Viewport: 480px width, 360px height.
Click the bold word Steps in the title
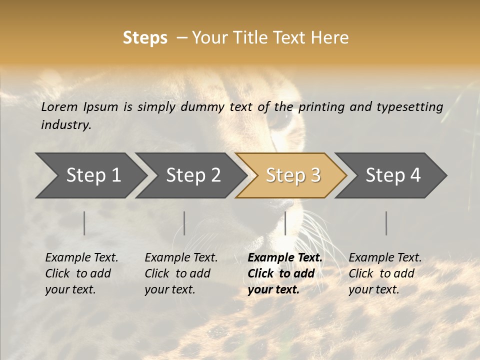click(x=145, y=38)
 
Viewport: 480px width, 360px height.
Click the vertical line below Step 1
click(x=84, y=223)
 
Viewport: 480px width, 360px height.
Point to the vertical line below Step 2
click(x=184, y=223)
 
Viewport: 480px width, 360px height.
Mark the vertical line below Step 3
click(x=285, y=223)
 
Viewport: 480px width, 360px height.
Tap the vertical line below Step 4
click(x=386, y=223)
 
